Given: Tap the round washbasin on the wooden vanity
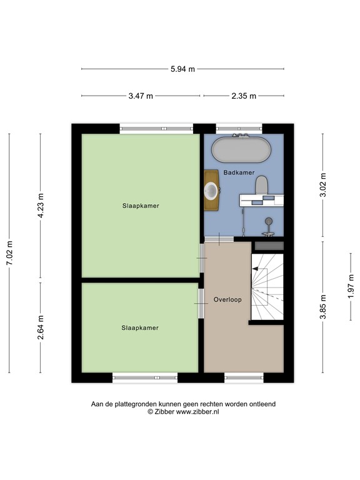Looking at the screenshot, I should click(x=212, y=190).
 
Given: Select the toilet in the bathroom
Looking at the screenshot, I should click(x=261, y=186).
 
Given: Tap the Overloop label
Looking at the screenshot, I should click(x=227, y=299).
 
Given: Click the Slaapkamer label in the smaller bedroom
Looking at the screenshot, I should click(x=140, y=327).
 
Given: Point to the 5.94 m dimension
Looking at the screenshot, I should click(x=182, y=69).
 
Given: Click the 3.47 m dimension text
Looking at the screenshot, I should click(x=140, y=96).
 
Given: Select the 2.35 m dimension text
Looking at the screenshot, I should click(x=244, y=96).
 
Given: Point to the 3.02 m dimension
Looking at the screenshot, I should click(x=322, y=186).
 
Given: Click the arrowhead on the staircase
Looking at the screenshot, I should click(x=254, y=269).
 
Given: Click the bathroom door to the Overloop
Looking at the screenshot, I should click(x=219, y=239).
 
